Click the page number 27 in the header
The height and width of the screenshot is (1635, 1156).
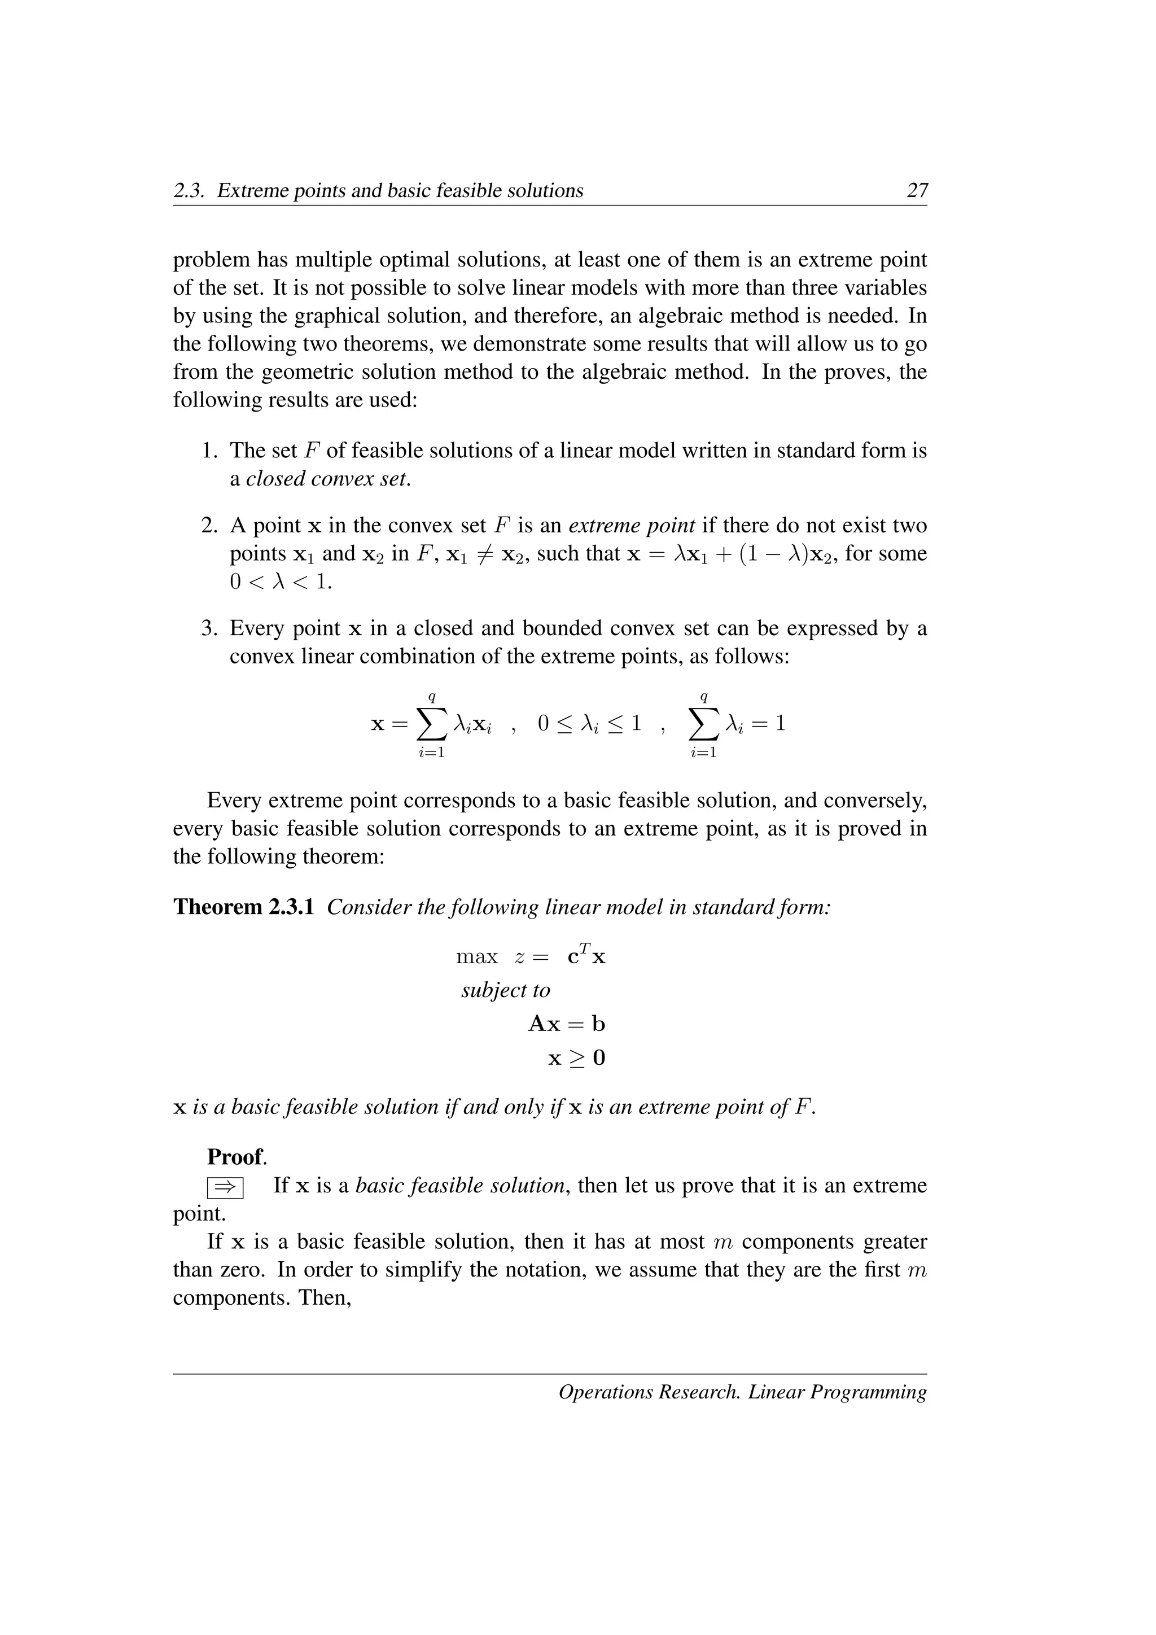[917, 190]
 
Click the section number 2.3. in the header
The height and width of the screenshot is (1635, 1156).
[191, 190]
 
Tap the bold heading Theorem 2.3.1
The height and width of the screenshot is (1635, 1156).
[243, 907]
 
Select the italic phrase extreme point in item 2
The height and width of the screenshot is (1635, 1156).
[632, 526]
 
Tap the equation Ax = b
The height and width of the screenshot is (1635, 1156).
[567, 1024]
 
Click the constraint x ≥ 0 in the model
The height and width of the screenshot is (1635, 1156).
[576, 1058]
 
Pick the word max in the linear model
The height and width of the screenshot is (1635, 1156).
[476, 956]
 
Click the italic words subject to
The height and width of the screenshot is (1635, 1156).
[505, 990]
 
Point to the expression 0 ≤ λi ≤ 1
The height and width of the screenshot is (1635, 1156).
[589, 724]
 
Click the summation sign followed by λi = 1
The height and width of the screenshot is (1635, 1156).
[704, 724]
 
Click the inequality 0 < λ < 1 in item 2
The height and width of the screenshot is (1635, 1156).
[281, 582]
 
